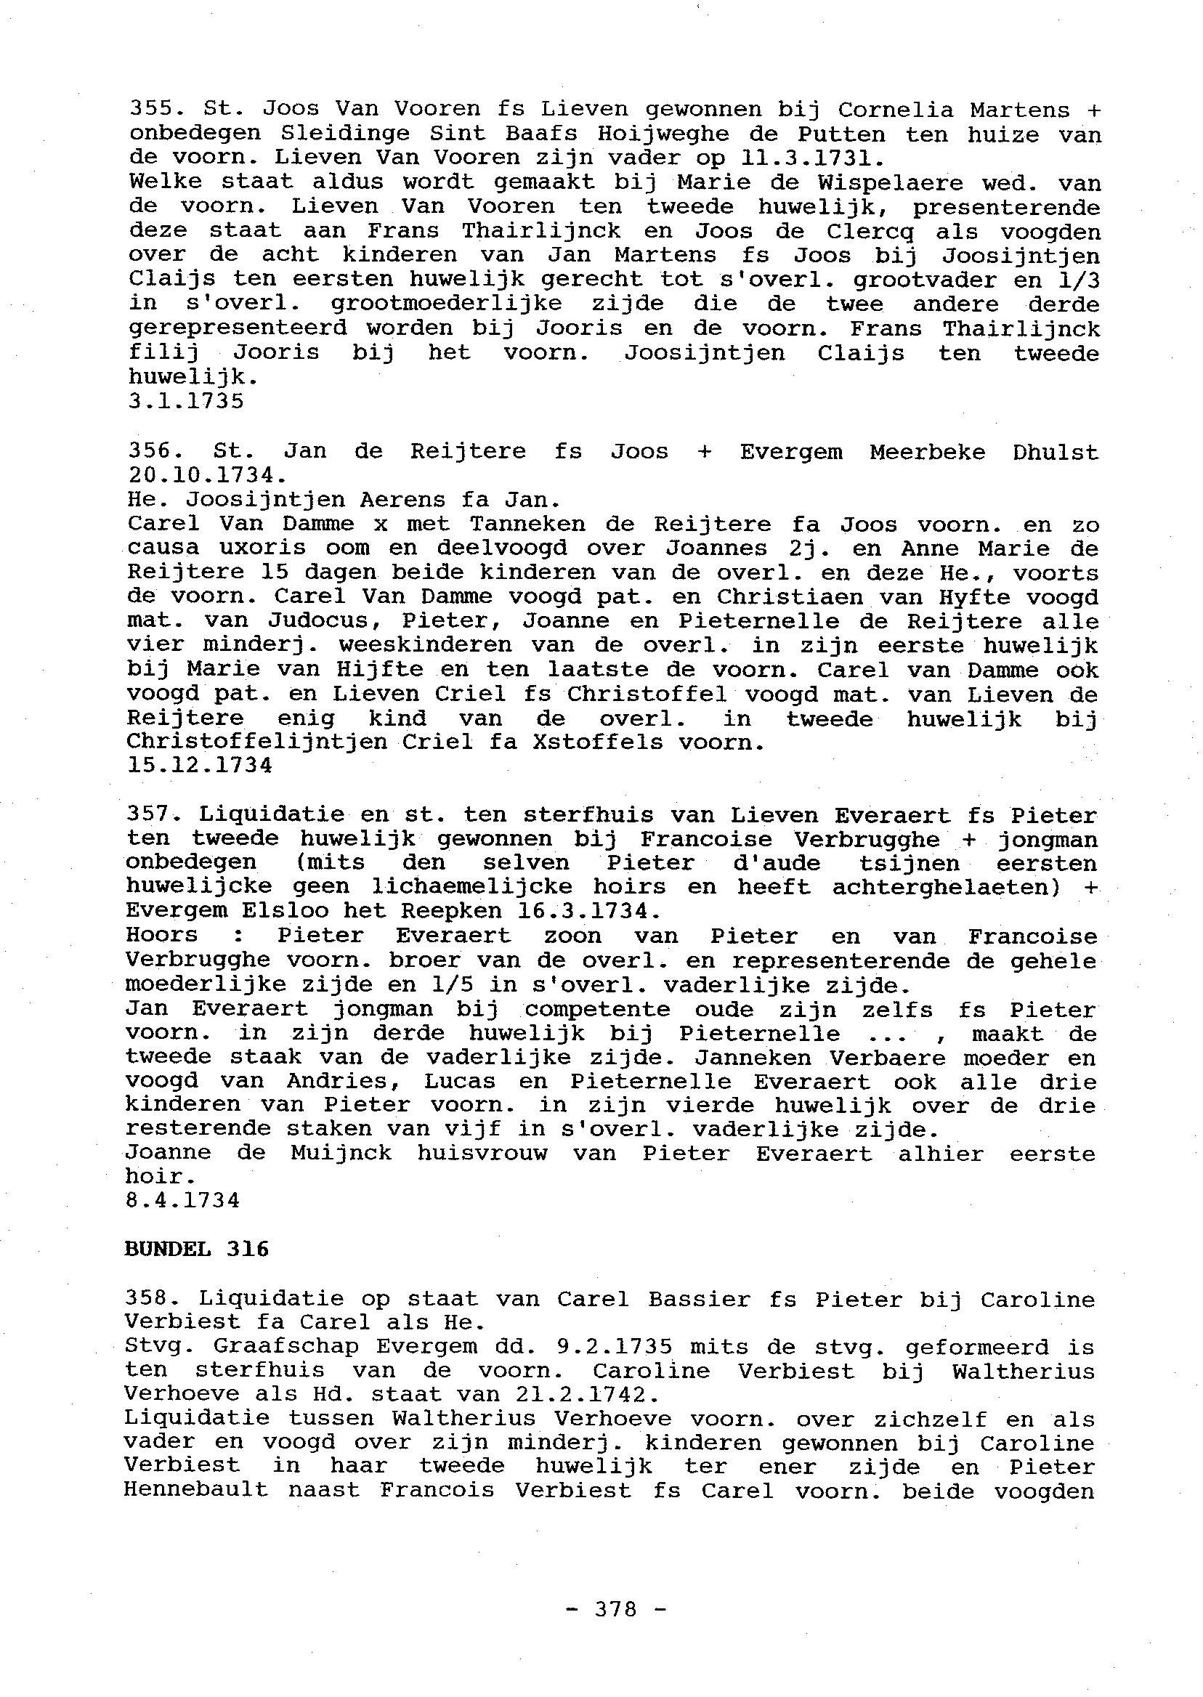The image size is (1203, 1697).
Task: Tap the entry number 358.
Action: pos(153,1298)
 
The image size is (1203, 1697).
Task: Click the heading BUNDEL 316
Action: pos(196,1250)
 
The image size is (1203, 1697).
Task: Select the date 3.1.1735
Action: pos(185,402)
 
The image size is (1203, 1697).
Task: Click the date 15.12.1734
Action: pos(199,765)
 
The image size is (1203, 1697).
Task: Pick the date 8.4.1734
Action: pos(183,1200)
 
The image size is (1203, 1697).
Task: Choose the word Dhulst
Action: pos(1055,451)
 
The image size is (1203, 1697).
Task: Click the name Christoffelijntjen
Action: pos(256,742)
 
